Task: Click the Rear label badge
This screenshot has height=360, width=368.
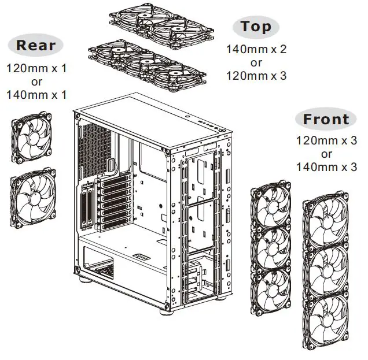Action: [36, 45]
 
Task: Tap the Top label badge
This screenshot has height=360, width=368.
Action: [256, 26]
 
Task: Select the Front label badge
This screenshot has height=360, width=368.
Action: [326, 120]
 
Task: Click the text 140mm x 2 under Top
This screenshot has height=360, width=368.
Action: [256, 49]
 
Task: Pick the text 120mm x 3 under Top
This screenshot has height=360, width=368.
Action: [256, 75]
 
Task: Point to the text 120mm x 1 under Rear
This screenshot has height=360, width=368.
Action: [36, 68]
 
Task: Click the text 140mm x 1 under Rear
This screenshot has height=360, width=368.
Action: [36, 94]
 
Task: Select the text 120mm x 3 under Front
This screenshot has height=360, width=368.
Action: [326, 140]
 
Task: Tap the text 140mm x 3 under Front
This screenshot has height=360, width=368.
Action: [326, 167]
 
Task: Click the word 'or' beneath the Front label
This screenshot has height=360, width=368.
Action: [326, 154]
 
